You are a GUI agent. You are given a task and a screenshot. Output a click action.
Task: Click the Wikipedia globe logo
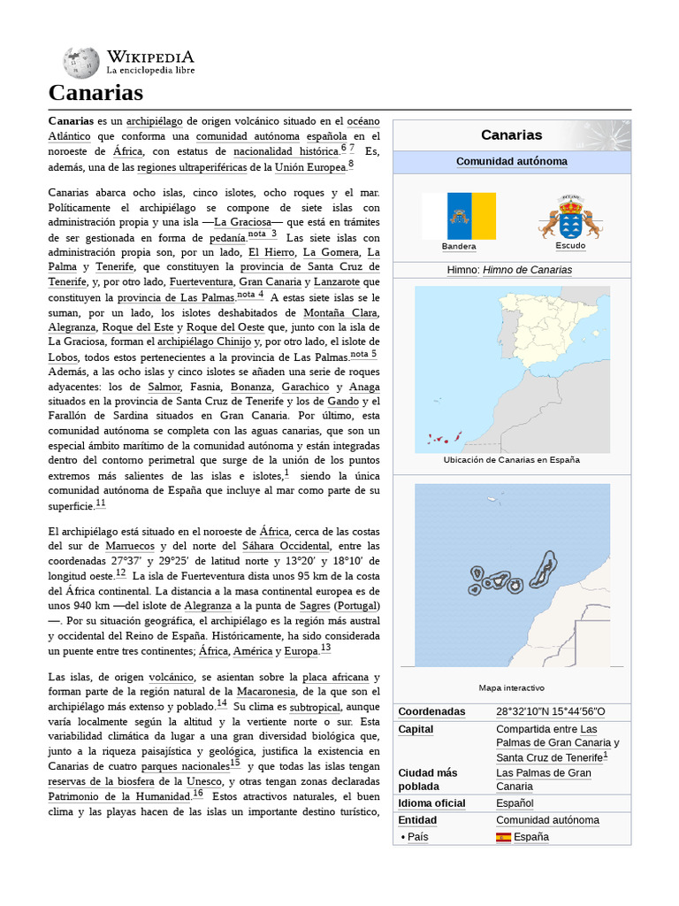click(x=80, y=62)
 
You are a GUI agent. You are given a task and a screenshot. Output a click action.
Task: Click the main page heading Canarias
click(x=95, y=93)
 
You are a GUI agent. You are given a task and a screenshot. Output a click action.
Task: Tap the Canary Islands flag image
click(x=459, y=216)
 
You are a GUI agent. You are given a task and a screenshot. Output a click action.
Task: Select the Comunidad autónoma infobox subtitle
click(x=511, y=162)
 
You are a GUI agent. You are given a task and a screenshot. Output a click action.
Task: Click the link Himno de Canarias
click(x=527, y=270)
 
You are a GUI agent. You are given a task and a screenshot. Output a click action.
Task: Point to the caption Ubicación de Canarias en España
click(x=511, y=460)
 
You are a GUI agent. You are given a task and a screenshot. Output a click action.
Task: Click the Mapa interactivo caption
click(x=511, y=687)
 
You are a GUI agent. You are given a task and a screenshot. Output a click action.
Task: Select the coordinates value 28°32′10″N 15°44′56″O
click(x=550, y=712)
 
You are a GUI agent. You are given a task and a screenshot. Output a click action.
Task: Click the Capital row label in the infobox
click(x=416, y=730)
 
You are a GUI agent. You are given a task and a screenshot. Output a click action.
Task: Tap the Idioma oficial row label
click(x=431, y=803)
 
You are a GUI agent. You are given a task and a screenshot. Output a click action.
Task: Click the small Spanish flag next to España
click(x=503, y=837)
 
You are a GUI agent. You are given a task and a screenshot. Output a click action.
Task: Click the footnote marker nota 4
click(x=250, y=296)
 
